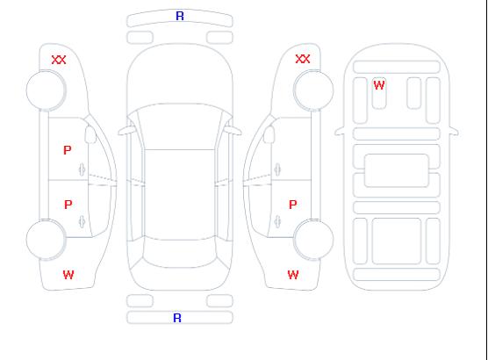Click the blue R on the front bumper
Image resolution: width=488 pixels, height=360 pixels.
(x=180, y=16)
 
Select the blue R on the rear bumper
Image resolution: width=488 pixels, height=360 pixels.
(x=177, y=318)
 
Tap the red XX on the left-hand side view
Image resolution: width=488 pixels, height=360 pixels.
(x=59, y=60)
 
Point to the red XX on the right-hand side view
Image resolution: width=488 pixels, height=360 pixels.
(x=303, y=59)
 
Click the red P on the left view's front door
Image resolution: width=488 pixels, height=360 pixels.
(x=68, y=150)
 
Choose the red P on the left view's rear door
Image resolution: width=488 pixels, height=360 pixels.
(x=68, y=205)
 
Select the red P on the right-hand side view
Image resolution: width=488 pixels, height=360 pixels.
(x=293, y=205)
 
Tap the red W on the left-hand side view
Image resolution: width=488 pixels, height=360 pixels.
(x=68, y=275)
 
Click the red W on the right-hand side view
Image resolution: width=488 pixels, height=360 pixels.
(x=293, y=275)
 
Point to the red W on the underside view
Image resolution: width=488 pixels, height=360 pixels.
(x=379, y=85)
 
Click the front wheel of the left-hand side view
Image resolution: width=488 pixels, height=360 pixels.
(x=46, y=90)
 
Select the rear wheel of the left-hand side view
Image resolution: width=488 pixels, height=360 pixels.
(x=46, y=240)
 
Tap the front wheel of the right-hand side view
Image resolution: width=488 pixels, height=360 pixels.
(x=313, y=90)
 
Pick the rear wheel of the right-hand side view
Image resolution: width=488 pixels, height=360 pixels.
(x=313, y=240)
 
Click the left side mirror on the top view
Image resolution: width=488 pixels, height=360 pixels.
(x=126, y=131)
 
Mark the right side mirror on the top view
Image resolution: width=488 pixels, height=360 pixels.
(x=233, y=131)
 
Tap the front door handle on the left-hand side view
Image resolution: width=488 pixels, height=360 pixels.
(x=82, y=169)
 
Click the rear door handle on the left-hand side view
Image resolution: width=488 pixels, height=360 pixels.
(x=82, y=221)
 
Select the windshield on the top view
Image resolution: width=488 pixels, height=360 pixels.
(x=180, y=126)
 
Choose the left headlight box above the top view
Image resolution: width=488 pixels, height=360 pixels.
(x=140, y=38)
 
